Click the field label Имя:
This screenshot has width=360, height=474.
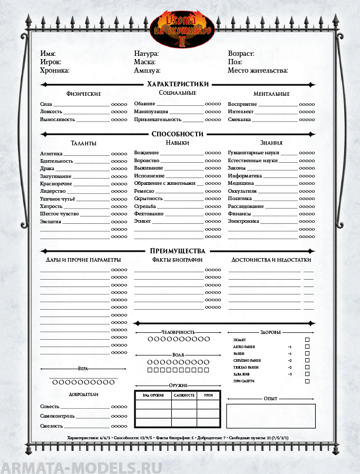tap(48, 54)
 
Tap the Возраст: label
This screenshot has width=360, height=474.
tap(241, 54)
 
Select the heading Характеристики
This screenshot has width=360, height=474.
tap(178, 84)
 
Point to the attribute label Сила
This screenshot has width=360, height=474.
tap(46, 104)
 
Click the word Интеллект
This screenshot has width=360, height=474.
tap(240, 112)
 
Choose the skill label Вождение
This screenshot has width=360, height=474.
tap(146, 153)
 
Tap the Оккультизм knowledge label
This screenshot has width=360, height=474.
tap(242, 191)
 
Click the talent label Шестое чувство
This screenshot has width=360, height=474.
tap(60, 214)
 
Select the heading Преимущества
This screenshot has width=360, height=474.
tap(178, 251)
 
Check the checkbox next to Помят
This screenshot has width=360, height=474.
tap(307, 340)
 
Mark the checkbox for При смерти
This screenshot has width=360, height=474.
tap(307, 381)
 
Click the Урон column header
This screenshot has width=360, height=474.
tap(208, 395)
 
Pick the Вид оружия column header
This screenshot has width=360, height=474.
tap(153, 395)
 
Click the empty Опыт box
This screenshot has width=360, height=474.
tap(270, 416)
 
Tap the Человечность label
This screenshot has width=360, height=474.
tap(178, 332)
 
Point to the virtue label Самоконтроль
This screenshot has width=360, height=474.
tap(57, 416)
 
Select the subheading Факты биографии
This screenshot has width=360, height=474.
tap(177, 260)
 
